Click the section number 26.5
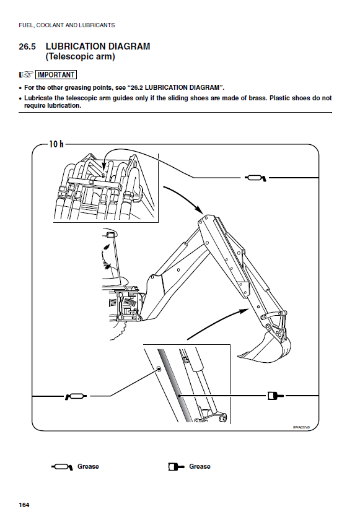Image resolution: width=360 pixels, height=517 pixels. (27, 46)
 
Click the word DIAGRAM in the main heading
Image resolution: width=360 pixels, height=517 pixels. (130, 46)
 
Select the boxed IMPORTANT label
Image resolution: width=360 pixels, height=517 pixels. (56, 75)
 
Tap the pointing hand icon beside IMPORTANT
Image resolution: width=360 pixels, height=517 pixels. (26, 75)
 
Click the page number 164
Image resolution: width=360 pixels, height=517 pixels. (24, 505)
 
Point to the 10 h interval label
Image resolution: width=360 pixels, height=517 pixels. (56, 144)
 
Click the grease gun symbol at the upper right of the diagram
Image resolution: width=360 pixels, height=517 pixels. (255, 178)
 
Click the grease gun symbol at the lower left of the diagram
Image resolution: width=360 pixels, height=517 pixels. (76, 396)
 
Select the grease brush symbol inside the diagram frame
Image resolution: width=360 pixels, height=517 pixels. (275, 395)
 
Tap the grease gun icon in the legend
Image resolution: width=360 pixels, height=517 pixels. (62, 467)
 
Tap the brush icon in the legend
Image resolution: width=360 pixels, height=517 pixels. (176, 467)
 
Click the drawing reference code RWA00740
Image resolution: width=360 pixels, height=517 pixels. (301, 427)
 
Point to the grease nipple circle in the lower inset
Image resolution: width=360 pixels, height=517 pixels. (159, 368)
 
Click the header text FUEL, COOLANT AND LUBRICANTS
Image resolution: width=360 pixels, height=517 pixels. (67, 25)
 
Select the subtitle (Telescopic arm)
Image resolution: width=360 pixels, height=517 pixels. (80, 57)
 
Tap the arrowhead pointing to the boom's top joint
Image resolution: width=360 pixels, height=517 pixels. (199, 210)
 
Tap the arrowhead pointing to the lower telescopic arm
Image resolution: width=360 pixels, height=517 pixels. (244, 310)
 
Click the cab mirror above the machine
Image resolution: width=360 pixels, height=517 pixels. (110, 234)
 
